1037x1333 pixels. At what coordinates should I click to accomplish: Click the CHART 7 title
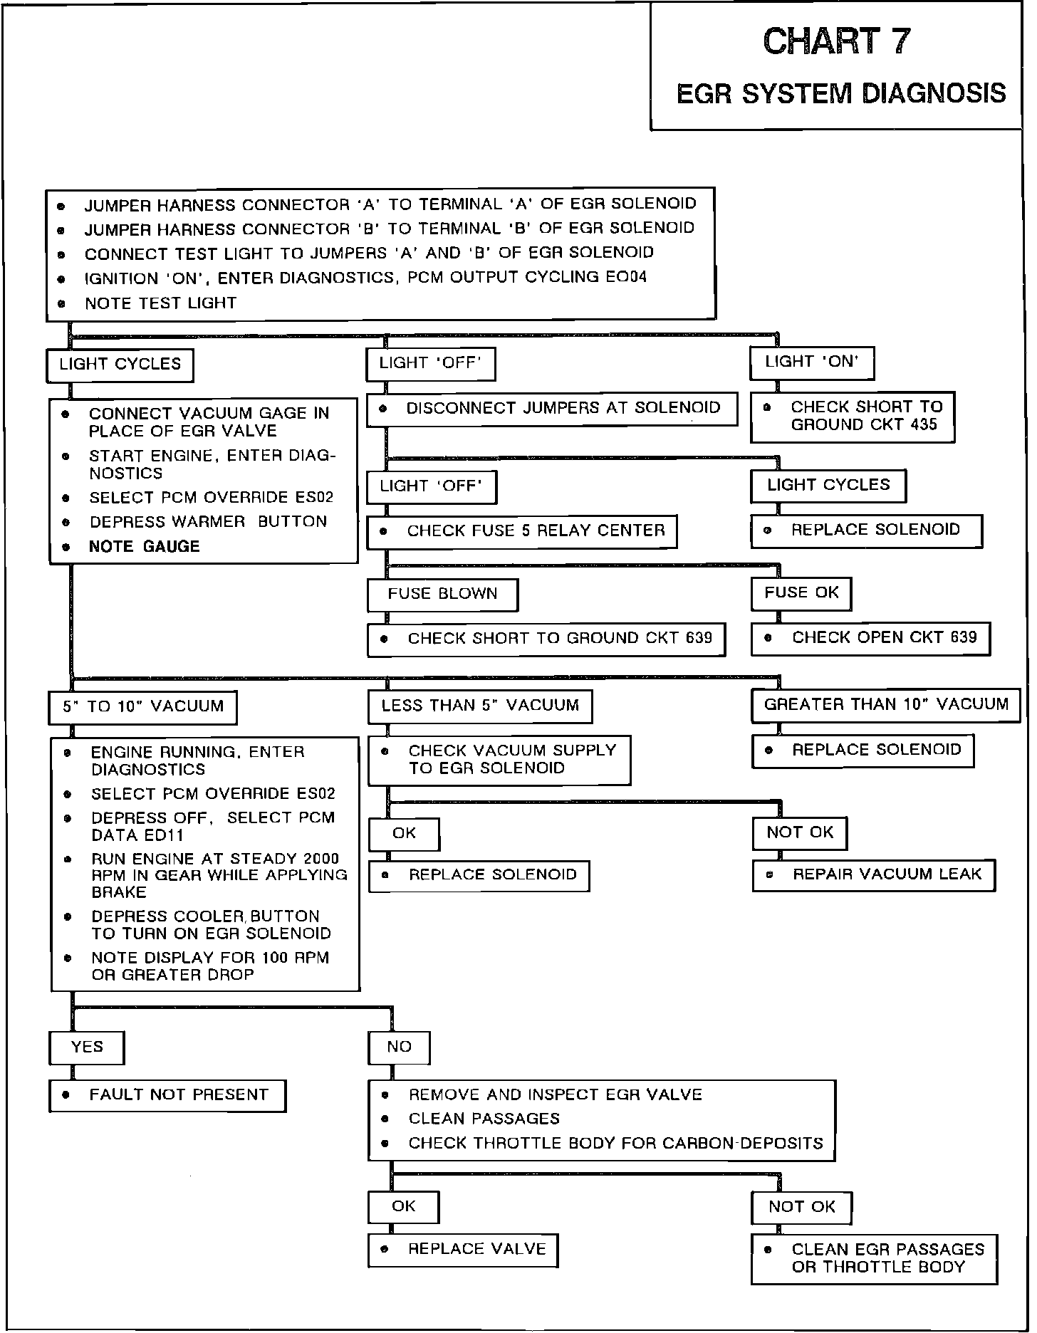(x=836, y=41)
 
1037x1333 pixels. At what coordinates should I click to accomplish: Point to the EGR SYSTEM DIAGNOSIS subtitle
(x=840, y=93)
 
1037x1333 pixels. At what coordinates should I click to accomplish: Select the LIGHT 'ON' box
(x=811, y=362)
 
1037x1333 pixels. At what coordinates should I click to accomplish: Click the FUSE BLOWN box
(x=442, y=594)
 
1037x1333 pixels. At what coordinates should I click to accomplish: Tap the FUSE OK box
(x=801, y=593)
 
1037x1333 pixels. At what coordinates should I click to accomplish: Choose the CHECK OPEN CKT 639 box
(x=870, y=638)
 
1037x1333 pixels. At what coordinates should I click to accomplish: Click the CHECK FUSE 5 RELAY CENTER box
(x=521, y=531)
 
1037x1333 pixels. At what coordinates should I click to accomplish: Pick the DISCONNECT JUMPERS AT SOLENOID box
(x=552, y=409)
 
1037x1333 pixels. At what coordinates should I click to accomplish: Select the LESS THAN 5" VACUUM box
(x=480, y=706)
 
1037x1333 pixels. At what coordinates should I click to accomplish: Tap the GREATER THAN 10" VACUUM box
(x=886, y=705)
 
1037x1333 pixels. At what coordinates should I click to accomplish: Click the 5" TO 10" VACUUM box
(x=143, y=707)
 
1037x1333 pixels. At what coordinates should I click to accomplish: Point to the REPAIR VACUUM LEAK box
(x=874, y=875)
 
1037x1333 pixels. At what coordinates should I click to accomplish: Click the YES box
(x=87, y=1047)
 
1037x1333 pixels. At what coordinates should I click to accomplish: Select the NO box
(x=400, y=1047)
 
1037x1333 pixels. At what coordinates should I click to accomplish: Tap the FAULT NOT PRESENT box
(x=167, y=1095)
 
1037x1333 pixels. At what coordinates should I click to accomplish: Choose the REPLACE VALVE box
(x=463, y=1250)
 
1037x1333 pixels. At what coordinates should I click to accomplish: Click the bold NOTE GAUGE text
(x=144, y=547)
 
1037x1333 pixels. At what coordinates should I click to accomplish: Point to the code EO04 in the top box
(x=626, y=277)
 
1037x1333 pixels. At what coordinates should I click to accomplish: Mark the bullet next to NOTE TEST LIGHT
(x=61, y=304)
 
